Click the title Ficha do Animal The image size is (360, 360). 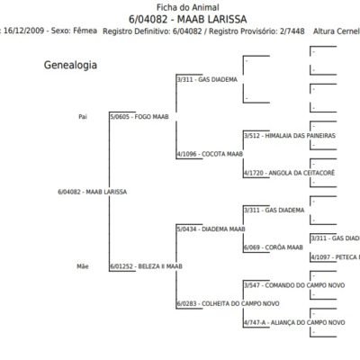pyautogui.click(x=180, y=6)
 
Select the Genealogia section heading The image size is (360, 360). pyautogui.click(x=71, y=67)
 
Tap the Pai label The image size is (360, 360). pyautogui.click(x=83, y=117)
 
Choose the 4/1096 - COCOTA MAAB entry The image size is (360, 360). pyautogui.click(x=210, y=154)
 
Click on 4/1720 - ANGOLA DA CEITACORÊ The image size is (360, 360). pyautogui.click(x=281, y=173)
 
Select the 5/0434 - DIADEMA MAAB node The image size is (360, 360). pyautogui.click(x=211, y=229)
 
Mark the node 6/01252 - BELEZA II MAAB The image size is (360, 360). pyautogui.click(x=146, y=266)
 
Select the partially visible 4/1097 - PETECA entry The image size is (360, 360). pyautogui.click(x=334, y=257)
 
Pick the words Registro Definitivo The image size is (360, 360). pyautogui.click(x=146, y=31)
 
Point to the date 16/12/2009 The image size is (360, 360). pyautogui.click(x=12, y=31)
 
